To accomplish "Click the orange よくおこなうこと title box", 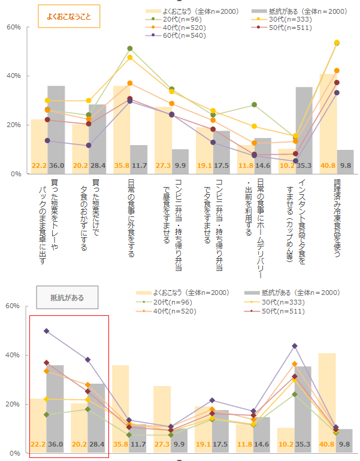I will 69,16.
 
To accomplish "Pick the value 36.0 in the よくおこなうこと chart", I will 56,165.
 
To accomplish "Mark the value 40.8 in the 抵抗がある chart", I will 327,445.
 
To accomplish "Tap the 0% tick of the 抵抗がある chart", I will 15,453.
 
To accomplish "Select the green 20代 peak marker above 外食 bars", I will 130,49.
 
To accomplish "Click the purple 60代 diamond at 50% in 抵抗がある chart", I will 46,331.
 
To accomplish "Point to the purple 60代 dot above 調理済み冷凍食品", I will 337,93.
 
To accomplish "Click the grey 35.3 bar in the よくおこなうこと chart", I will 304,126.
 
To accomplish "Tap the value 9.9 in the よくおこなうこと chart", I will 180,165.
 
